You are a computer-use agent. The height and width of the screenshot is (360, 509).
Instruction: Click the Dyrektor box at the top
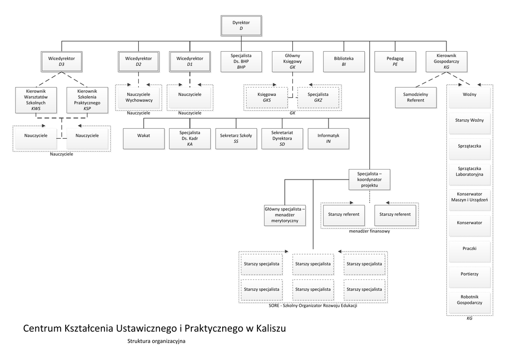241,26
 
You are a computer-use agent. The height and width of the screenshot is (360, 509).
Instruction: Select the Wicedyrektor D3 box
62,61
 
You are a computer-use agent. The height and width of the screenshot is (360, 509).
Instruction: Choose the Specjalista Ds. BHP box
241,61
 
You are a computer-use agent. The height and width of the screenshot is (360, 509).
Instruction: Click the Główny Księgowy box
292,61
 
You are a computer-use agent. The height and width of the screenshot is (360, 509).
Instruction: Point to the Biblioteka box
343,61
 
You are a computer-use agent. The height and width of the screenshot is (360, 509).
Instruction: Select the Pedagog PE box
395,61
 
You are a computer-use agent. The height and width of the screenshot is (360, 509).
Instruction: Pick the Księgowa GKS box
267,97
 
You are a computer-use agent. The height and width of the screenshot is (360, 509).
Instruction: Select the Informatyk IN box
329,138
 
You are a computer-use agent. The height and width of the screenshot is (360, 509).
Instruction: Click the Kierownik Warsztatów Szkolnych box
35,100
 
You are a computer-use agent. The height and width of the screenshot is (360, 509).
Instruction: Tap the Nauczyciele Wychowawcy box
139,97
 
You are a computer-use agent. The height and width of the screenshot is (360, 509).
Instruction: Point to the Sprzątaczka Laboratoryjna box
469,172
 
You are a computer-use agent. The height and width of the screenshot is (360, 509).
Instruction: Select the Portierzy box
469,273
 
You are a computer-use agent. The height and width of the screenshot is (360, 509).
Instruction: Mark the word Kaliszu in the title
270,329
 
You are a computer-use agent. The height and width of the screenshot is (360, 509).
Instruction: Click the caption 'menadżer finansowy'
369,231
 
